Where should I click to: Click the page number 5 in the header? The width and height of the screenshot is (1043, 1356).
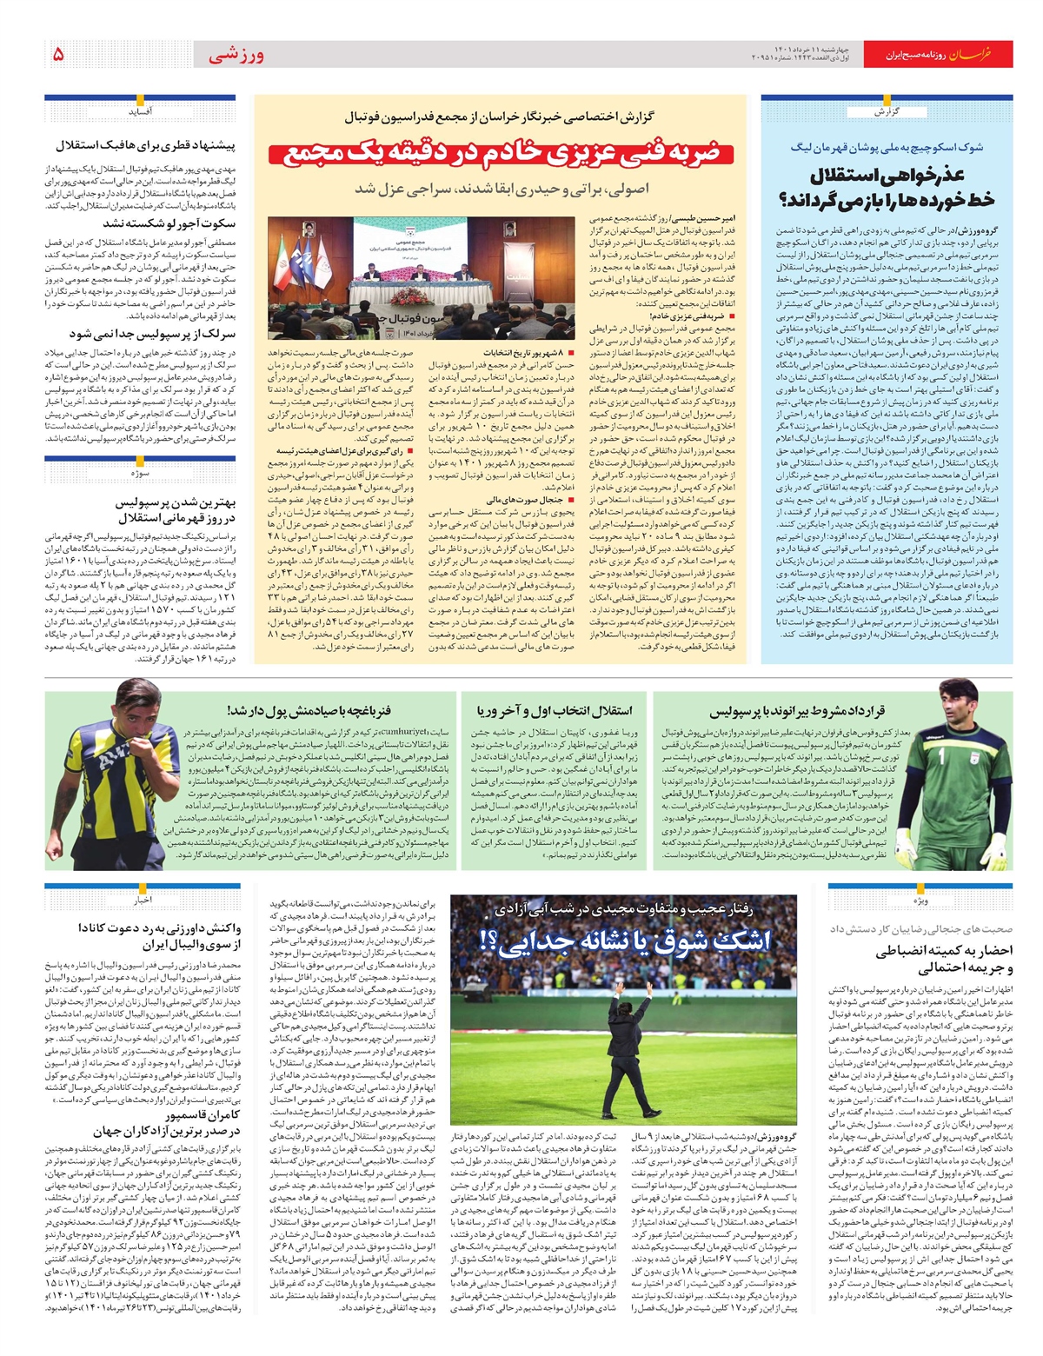coord(59,54)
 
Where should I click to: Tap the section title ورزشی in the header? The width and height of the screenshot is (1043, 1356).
coord(236,55)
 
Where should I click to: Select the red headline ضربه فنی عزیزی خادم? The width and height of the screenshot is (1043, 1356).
coord(501,154)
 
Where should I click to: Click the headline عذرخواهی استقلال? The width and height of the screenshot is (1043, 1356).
coord(887,188)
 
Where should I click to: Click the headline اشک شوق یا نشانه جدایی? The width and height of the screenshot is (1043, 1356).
coord(624,941)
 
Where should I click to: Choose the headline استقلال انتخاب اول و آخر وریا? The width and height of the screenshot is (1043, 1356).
coord(555,711)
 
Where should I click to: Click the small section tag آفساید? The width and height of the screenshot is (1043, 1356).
coord(141,111)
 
